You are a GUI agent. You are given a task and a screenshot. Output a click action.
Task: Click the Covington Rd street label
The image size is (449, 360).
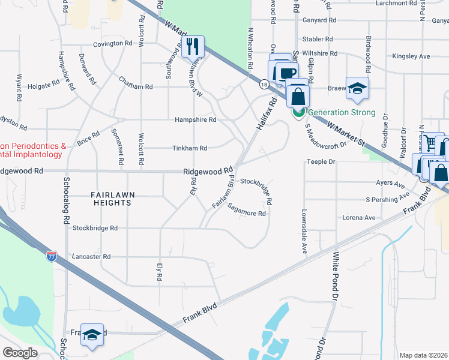112,44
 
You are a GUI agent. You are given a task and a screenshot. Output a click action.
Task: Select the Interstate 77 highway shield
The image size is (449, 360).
52,256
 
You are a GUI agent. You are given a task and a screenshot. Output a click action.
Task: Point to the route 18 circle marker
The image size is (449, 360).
264,85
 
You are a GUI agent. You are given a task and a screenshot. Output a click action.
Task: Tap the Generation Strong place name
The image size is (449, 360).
342,112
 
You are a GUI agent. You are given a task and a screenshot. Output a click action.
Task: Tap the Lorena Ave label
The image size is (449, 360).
358,217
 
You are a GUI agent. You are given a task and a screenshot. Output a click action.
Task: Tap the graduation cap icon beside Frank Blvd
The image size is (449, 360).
92,335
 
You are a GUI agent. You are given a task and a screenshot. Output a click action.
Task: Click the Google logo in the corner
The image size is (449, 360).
20,352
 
